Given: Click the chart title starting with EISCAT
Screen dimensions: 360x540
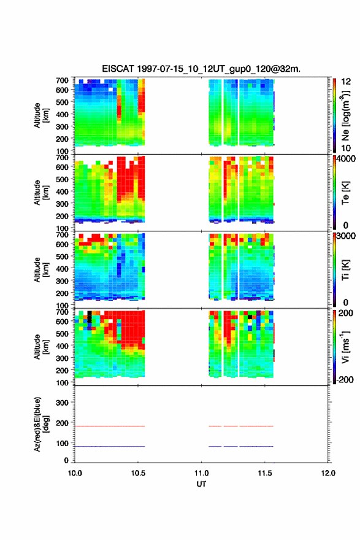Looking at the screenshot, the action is click(201, 69).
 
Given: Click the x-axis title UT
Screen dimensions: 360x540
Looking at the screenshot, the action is click(201, 484).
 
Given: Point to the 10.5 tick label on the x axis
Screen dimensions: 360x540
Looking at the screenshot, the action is click(138, 473).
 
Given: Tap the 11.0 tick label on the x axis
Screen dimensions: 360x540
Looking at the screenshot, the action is click(201, 473).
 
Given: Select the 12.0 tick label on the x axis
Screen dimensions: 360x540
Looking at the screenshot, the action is click(328, 473).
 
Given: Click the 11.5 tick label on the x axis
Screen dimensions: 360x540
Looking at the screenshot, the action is click(265, 473).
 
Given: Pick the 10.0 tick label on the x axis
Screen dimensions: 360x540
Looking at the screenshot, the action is click(75, 473).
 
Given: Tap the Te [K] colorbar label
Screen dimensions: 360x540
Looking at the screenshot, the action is click(345, 193).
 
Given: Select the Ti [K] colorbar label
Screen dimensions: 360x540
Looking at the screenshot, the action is click(345, 270).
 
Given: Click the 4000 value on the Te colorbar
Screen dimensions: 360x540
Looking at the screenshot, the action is click(346, 159).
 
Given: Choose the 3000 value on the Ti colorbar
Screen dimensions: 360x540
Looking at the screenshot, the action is click(346, 236).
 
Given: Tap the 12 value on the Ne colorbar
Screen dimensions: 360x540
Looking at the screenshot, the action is click(346, 82).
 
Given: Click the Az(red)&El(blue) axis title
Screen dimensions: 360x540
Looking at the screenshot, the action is click(41, 424).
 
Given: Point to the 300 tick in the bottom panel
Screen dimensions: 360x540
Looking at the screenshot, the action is click(63, 403).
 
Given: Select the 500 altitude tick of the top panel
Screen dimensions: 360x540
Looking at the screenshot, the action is click(63, 102).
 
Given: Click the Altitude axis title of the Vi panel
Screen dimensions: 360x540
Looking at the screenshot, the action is click(41, 347).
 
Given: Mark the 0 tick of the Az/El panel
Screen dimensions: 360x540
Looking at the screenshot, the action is click(66, 460).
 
